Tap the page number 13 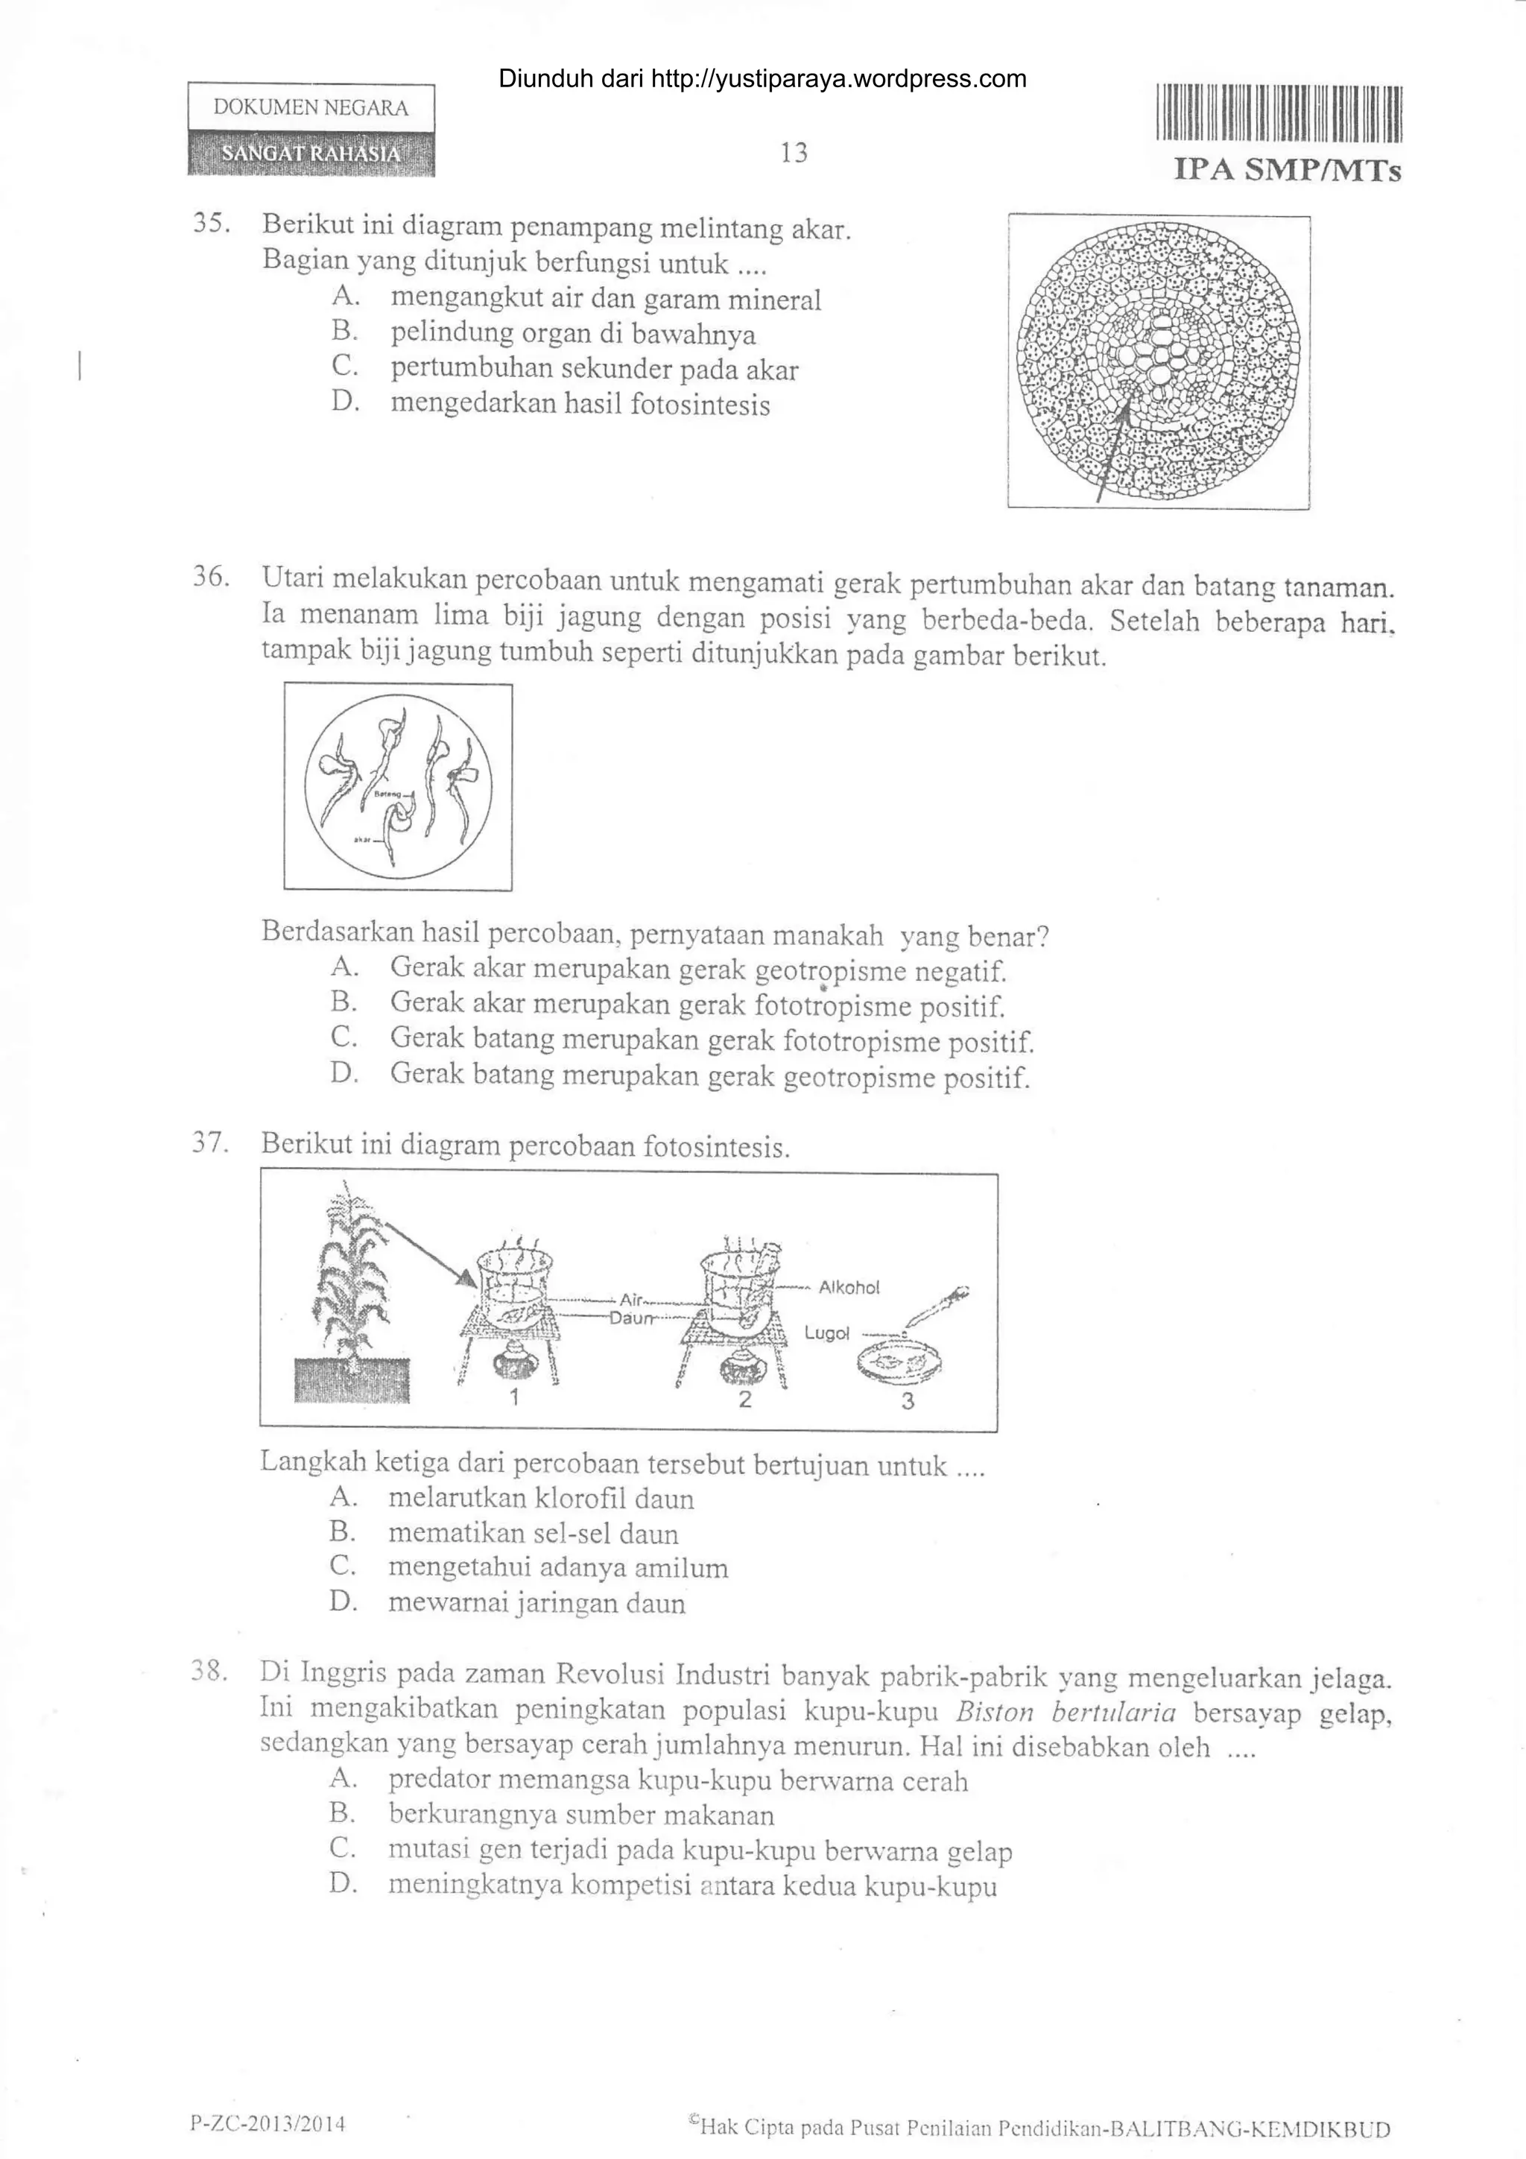794,152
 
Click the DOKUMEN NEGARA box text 311,107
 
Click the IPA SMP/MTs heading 1287,170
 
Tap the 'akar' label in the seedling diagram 363,840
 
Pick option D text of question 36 710,1075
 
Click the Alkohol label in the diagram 849,1287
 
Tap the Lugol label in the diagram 826,1333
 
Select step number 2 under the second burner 744,1399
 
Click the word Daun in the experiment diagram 631,1318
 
